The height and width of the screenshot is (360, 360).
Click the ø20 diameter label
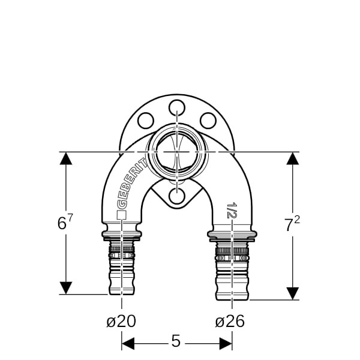[121, 321]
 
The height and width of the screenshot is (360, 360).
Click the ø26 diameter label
[230, 321]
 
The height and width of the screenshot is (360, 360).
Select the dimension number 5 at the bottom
[176, 341]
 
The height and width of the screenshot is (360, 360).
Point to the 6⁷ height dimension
[65, 222]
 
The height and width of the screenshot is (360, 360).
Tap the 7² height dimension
[292, 224]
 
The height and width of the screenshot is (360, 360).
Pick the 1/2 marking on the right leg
[232, 210]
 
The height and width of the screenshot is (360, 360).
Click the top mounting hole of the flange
[177, 107]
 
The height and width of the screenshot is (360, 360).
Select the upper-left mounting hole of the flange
[146, 121]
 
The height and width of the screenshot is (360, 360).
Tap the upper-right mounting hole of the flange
[208, 121]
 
